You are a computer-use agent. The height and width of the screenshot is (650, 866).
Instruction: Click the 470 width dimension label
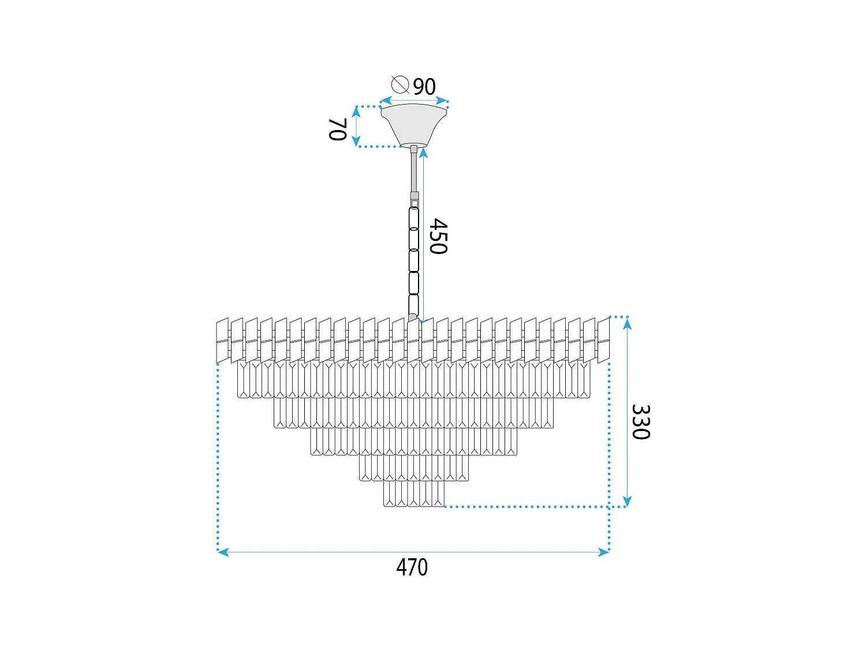point(412,567)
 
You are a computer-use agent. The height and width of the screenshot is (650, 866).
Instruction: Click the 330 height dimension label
point(641,422)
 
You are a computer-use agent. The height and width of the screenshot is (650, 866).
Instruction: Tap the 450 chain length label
point(438,236)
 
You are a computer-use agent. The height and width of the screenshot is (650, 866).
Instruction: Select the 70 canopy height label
point(337,129)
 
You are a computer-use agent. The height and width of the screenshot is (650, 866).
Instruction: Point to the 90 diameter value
point(424,87)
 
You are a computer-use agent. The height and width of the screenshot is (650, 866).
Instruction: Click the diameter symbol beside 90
point(400,84)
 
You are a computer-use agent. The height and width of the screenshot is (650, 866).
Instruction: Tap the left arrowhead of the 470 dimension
point(223,552)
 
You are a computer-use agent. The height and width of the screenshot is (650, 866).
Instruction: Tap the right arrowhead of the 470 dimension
point(604,552)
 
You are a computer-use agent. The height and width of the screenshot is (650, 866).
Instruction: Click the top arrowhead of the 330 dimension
point(628,323)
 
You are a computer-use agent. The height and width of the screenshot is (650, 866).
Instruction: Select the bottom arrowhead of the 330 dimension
point(628,501)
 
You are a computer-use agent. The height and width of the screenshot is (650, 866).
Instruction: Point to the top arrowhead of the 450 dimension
point(423,153)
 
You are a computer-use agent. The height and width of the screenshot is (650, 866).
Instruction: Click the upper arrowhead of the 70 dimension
point(356,112)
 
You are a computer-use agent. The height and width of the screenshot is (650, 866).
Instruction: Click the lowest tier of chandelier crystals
point(414,493)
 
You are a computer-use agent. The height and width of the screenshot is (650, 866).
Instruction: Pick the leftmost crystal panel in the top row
point(222,340)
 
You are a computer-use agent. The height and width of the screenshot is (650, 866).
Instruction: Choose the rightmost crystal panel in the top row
point(603,340)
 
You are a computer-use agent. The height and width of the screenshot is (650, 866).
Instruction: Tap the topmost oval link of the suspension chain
point(414,218)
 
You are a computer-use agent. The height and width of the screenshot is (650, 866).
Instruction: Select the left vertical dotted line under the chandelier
point(218,456)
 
